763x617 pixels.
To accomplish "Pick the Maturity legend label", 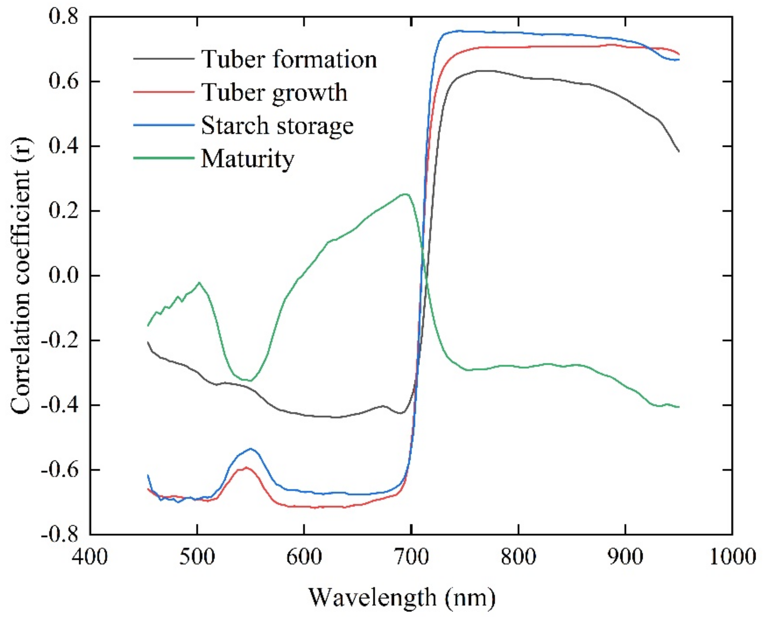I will point(248,158).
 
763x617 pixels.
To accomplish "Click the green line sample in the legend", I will point(164,158).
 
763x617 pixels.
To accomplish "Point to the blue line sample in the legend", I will point(164,125).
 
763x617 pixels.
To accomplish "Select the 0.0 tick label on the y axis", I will point(63,276).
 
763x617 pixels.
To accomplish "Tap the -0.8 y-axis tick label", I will point(59,535).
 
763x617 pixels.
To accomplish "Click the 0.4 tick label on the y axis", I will point(63,146).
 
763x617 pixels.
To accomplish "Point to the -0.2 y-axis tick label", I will point(59,340).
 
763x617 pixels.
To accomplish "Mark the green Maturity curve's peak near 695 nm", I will point(405,194).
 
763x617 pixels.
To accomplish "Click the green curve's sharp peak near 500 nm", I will point(199,282).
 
